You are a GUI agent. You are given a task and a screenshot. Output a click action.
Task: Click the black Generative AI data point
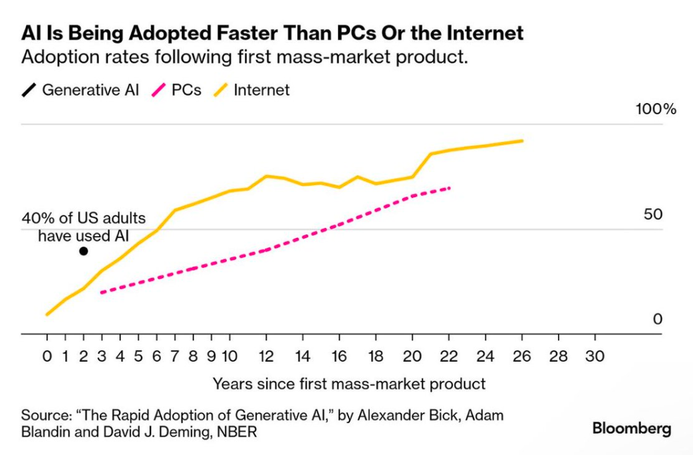[83, 251]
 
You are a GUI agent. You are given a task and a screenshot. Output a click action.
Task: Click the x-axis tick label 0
[47, 357]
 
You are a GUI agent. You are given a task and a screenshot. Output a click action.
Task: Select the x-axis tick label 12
[266, 357]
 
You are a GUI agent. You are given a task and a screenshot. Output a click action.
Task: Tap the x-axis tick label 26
[521, 357]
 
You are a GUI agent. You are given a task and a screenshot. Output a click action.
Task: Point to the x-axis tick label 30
[595, 357]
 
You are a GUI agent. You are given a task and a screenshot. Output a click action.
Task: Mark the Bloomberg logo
[631, 428]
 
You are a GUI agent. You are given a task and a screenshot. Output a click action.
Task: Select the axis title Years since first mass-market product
[349, 384]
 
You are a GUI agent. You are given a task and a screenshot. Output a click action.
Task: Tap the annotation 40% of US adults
[83, 219]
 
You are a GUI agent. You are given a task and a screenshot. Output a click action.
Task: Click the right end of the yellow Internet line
[522, 141]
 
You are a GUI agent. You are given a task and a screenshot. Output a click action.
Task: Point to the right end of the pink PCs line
[450, 188]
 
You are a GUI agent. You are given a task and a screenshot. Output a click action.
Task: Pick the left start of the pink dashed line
[102, 292]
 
